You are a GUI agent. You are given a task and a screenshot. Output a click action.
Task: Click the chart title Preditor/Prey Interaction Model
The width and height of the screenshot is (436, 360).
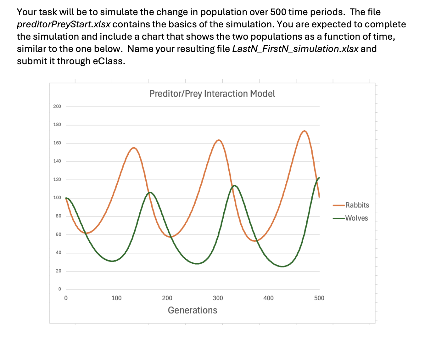pos(212,94)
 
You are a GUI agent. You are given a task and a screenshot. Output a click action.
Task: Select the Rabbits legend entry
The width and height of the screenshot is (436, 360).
pos(357,205)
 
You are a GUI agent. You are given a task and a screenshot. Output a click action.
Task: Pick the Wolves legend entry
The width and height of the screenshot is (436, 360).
pos(356,218)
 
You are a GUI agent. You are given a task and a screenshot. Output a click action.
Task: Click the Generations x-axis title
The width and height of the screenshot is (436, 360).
pos(192,310)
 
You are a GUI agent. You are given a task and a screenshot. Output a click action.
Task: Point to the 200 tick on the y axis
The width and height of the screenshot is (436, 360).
pos(57,106)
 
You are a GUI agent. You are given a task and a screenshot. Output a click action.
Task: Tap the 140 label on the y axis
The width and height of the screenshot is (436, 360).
pos(57,161)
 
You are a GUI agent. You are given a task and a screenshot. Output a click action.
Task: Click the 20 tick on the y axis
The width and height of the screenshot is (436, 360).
pos(58,271)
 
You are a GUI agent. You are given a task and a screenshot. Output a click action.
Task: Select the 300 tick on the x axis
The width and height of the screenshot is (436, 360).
pos(218,298)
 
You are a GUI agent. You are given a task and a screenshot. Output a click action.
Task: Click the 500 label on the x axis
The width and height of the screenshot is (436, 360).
pos(319,298)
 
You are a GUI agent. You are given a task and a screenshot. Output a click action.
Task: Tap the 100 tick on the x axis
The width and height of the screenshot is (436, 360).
pos(116,298)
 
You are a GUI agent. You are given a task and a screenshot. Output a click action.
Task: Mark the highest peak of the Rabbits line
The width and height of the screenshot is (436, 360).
pos(304,131)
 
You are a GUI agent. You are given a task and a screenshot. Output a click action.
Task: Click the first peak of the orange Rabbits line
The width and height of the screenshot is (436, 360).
pos(134,148)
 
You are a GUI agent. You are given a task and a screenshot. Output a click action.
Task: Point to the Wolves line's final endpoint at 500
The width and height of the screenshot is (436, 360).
pos(319,178)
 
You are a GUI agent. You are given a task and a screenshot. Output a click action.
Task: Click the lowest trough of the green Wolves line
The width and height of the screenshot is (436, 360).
pos(282,267)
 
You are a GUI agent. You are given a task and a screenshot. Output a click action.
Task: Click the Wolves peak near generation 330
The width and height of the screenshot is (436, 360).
pos(234,186)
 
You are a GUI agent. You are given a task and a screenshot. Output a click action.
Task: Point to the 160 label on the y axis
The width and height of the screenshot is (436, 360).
pos(57,143)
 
